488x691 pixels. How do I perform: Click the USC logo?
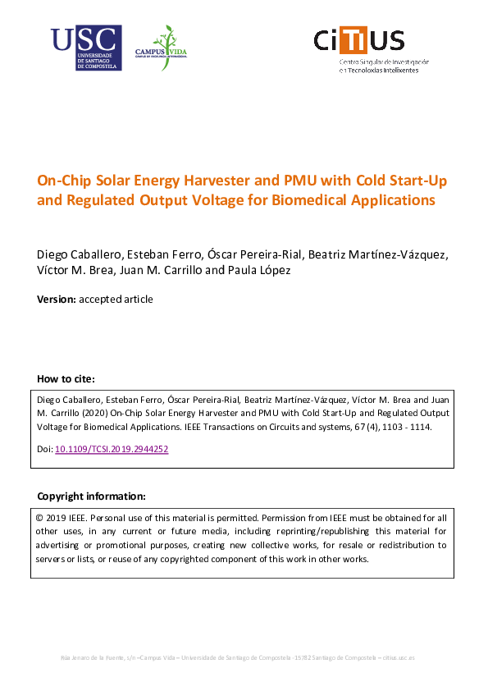[85, 48]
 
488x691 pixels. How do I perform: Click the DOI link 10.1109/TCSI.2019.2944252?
[112, 450]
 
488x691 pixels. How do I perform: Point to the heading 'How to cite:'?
[66, 379]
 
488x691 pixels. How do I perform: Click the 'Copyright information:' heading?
[91, 497]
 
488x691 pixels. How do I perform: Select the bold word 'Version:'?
[57, 300]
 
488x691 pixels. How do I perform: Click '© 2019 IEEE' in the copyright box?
[62, 519]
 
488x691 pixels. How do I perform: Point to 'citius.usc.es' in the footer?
[399, 658]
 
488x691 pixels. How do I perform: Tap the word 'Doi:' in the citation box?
[45, 450]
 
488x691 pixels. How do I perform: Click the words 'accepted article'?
[116, 300]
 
